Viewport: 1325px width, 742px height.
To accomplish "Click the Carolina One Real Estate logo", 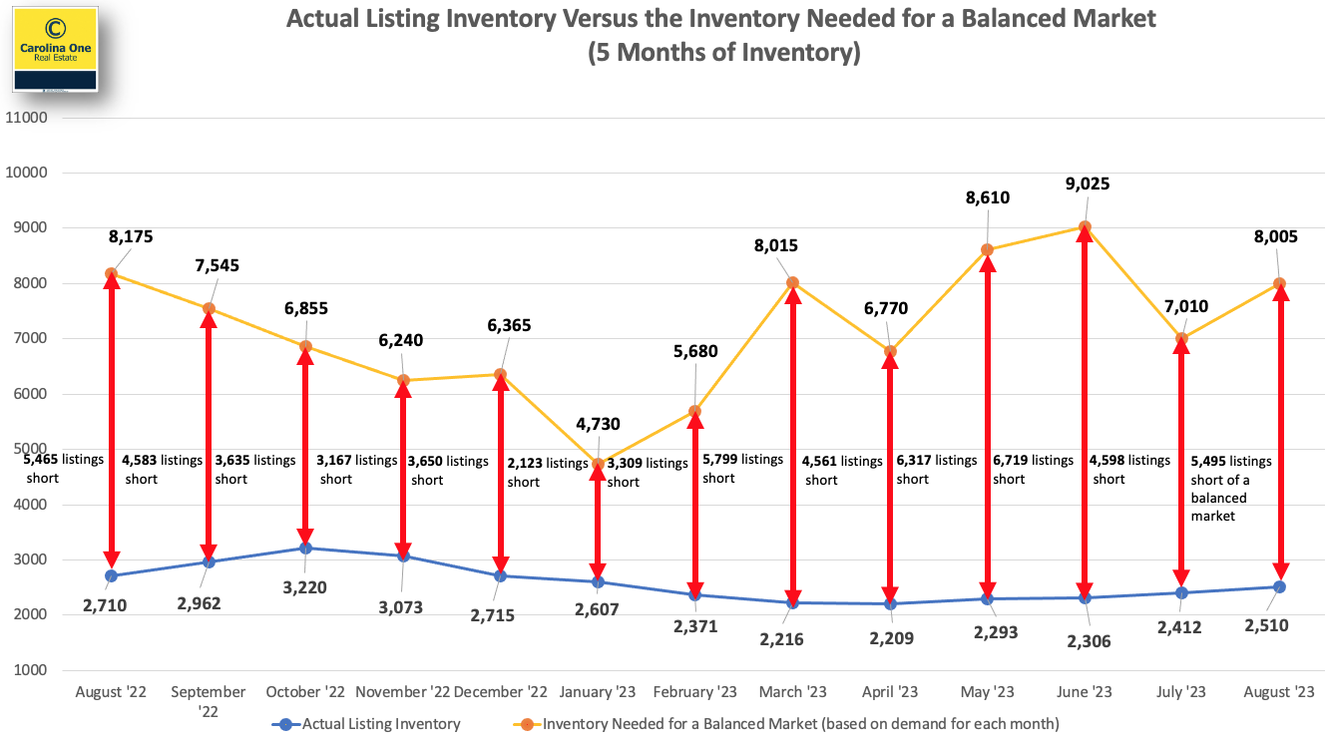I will click(x=55, y=47).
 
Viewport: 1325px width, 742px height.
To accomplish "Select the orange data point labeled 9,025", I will click(x=1085, y=227).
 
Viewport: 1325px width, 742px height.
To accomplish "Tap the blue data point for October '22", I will click(x=305, y=548).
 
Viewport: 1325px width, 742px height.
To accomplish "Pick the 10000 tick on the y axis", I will click(x=27, y=173).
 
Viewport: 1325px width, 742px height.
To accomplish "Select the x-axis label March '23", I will click(x=793, y=692).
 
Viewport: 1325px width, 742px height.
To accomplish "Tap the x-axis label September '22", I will click(x=209, y=701).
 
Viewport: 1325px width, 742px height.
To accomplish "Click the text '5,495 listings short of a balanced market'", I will click(x=1231, y=489).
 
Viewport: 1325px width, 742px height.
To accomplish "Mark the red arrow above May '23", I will click(x=988, y=424).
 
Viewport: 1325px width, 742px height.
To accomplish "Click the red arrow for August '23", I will click(x=1280, y=434).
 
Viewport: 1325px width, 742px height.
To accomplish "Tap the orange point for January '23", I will click(x=598, y=464).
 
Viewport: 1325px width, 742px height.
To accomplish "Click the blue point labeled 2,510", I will click(x=1280, y=586).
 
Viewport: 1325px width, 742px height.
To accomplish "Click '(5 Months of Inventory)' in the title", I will click(x=723, y=52).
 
